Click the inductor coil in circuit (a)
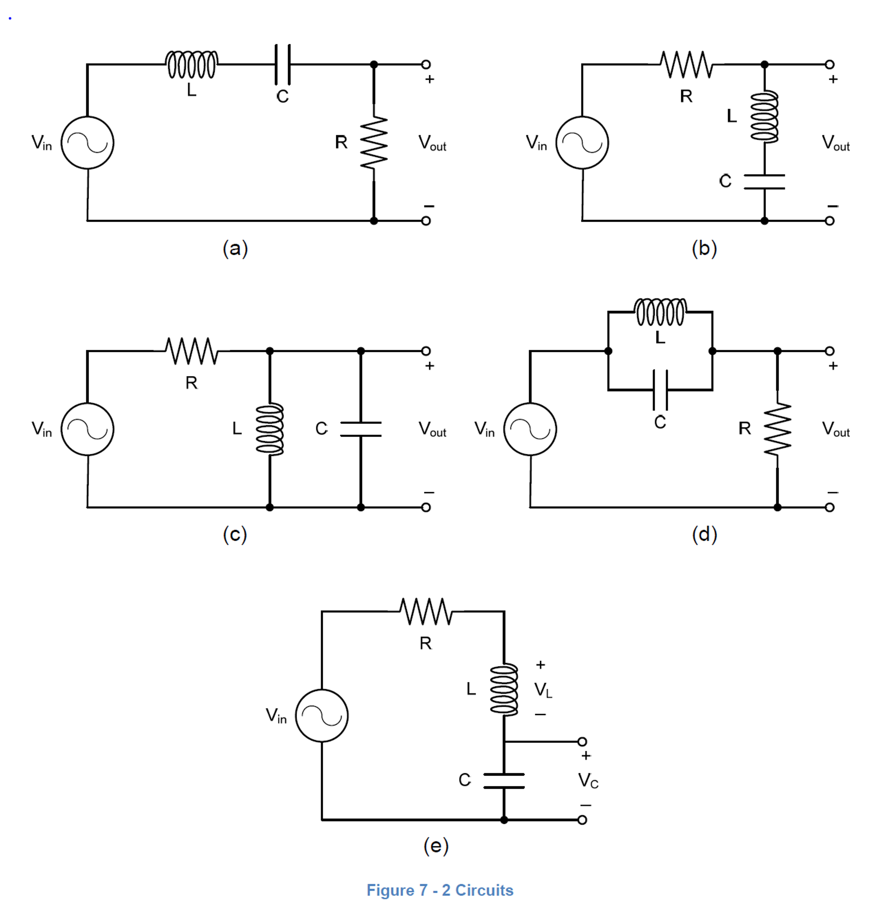(x=191, y=64)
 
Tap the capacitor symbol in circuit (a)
(x=282, y=64)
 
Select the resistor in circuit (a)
(x=374, y=143)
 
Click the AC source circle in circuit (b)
(x=582, y=143)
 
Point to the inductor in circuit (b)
(x=764, y=117)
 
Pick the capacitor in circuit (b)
(x=764, y=182)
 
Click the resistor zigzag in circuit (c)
(x=191, y=351)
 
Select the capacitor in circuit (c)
(x=360, y=429)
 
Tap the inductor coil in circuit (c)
(x=270, y=429)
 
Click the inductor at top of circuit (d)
(x=660, y=312)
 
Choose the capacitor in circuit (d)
(x=660, y=390)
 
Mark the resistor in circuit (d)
(x=777, y=429)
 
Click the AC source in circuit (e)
(x=322, y=715)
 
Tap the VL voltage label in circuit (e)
(x=543, y=690)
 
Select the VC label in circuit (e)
(x=588, y=780)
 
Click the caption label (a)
(x=235, y=249)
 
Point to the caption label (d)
(x=704, y=534)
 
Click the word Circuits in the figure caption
(x=484, y=890)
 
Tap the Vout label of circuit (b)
(x=835, y=143)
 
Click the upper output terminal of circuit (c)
(x=426, y=351)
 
